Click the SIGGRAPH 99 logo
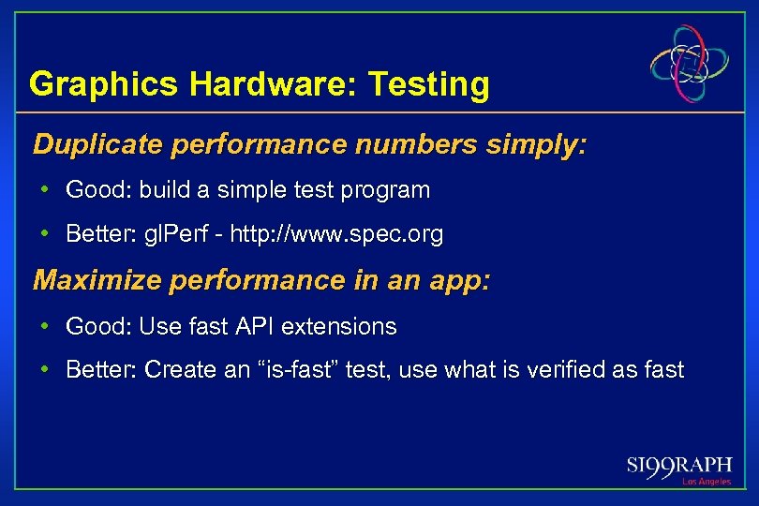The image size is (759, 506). point(679,466)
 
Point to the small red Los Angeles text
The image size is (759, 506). point(707,482)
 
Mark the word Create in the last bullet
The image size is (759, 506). point(175,370)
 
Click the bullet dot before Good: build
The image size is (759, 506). point(45,190)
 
